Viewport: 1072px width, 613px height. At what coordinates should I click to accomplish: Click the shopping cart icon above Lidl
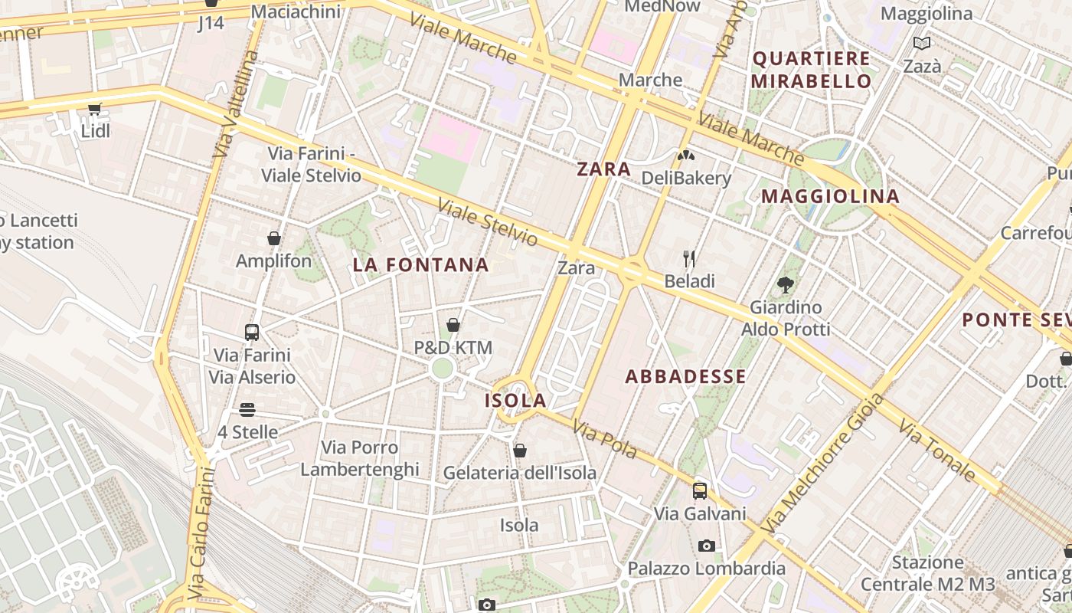pos(94,109)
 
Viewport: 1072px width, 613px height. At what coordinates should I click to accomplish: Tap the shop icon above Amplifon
pos(274,238)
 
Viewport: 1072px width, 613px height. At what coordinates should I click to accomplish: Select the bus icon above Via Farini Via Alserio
pos(252,332)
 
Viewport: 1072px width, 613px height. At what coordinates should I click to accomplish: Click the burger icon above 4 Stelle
pos(247,409)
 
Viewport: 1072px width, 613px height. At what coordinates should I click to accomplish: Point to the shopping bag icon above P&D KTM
pos(453,325)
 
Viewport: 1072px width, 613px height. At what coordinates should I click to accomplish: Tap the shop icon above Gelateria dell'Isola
pos(520,450)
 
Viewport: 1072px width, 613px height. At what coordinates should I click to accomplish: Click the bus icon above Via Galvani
pos(700,490)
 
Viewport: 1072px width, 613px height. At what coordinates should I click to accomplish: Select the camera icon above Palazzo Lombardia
pos(707,546)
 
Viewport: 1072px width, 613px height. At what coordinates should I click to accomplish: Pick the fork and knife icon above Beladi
pos(689,258)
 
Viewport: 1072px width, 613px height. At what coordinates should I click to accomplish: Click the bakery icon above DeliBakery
pos(685,156)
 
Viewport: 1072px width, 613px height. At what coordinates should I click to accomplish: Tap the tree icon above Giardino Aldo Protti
pos(785,285)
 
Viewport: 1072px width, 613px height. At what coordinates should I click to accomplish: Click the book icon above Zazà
pos(922,44)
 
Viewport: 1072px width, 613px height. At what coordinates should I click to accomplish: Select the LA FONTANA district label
pos(420,265)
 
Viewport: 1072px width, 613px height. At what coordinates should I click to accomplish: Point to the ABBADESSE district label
pos(685,376)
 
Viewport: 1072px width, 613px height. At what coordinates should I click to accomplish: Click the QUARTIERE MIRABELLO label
pos(811,70)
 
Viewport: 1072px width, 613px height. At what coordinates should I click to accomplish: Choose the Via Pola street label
pos(605,440)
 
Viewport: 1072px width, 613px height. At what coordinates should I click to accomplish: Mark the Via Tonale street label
pos(937,450)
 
